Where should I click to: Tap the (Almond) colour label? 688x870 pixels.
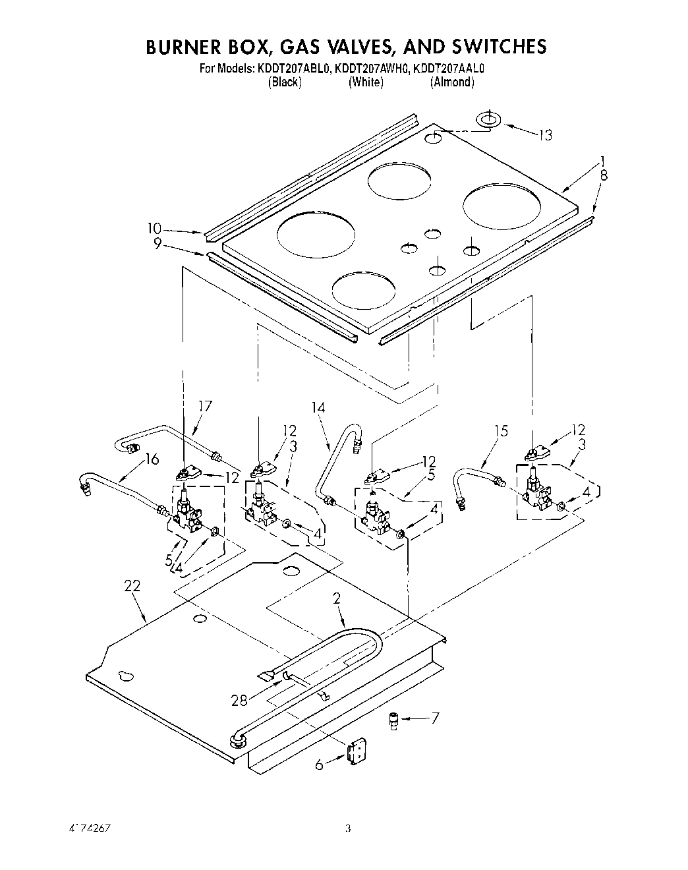451,82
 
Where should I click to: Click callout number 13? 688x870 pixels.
544,135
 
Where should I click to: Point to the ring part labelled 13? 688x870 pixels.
488,120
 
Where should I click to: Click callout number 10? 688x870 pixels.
154,229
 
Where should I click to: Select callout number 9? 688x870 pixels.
158,243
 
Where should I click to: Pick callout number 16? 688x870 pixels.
152,459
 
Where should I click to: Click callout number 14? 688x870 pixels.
318,408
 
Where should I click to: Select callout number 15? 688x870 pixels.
501,431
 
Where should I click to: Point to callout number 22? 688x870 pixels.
131,585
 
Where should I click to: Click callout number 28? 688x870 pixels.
239,701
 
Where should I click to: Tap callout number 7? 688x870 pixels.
434,718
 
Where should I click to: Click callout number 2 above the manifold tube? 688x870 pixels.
336,598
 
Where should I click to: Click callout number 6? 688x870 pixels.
320,765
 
